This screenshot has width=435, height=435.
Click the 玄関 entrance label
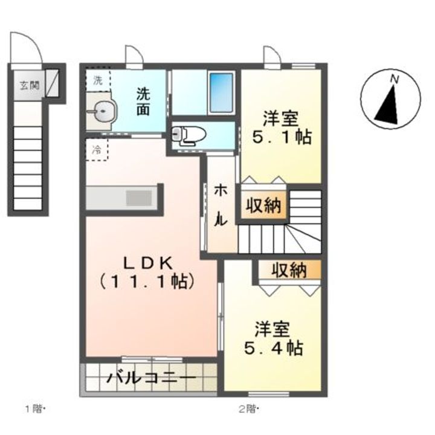tap(29, 85)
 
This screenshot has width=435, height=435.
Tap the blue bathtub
tap(221, 92)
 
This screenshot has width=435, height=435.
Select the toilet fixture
tap(188, 136)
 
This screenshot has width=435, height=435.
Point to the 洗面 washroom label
tap(143, 102)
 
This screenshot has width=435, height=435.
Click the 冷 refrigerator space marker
tap(97, 150)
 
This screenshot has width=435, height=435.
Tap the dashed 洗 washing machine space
tap(98, 80)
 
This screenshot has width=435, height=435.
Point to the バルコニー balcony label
tap(152, 378)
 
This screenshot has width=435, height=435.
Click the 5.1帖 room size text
tap(282, 136)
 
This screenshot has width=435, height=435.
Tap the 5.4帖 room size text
tap(274, 347)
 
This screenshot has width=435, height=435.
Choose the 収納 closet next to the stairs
tap(263, 205)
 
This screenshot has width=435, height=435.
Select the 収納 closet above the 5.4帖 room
tap(289, 269)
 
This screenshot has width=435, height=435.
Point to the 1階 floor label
tap(35, 408)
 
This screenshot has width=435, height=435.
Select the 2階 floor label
tap(249, 408)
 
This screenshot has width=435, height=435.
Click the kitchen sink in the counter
tap(139, 198)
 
